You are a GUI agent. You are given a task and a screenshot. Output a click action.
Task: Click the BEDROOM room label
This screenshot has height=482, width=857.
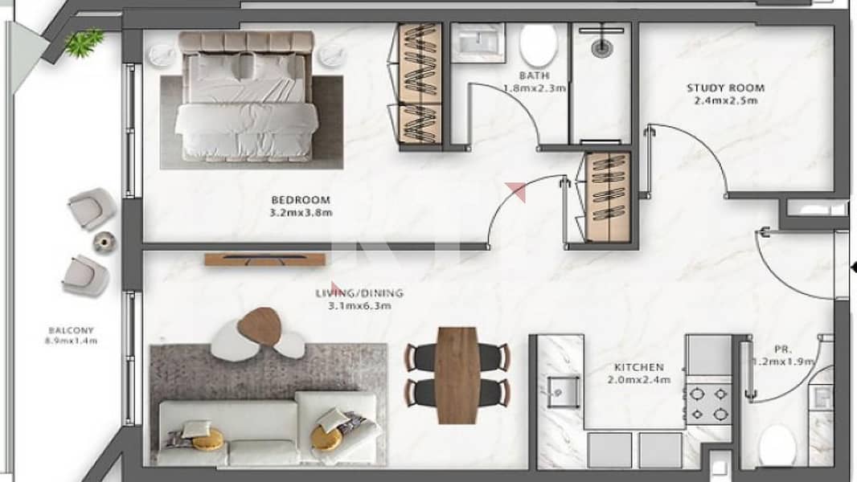[x=301, y=200]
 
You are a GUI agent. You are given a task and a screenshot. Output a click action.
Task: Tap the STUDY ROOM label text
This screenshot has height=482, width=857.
[x=725, y=88]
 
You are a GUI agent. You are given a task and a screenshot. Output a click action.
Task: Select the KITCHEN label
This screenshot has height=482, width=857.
[x=638, y=367]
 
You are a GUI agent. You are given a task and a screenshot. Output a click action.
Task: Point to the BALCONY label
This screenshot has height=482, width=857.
[x=71, y=330]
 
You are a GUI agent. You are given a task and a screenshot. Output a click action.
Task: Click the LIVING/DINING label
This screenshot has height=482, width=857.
[x=359, y=293]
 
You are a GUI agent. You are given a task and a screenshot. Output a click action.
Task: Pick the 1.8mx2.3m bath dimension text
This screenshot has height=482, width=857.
[x=534, y=88]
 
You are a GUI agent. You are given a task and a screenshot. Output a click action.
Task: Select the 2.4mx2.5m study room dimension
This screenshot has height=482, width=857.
[x=726, y=101]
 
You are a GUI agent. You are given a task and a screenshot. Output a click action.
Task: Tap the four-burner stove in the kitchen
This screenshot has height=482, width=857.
[x=709, y=403]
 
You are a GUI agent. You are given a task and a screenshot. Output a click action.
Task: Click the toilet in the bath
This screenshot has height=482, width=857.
[x=538, y=45]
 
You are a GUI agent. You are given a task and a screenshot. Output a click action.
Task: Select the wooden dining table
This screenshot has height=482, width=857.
[x=457, y=375]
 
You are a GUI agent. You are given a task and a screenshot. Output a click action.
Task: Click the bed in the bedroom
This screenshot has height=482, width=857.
[x=246, y=96]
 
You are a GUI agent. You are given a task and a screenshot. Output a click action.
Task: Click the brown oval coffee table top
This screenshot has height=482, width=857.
[x=260, y=326]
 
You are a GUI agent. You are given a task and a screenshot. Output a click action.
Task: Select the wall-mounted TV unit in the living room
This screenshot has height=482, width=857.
[x=266, y=259]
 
